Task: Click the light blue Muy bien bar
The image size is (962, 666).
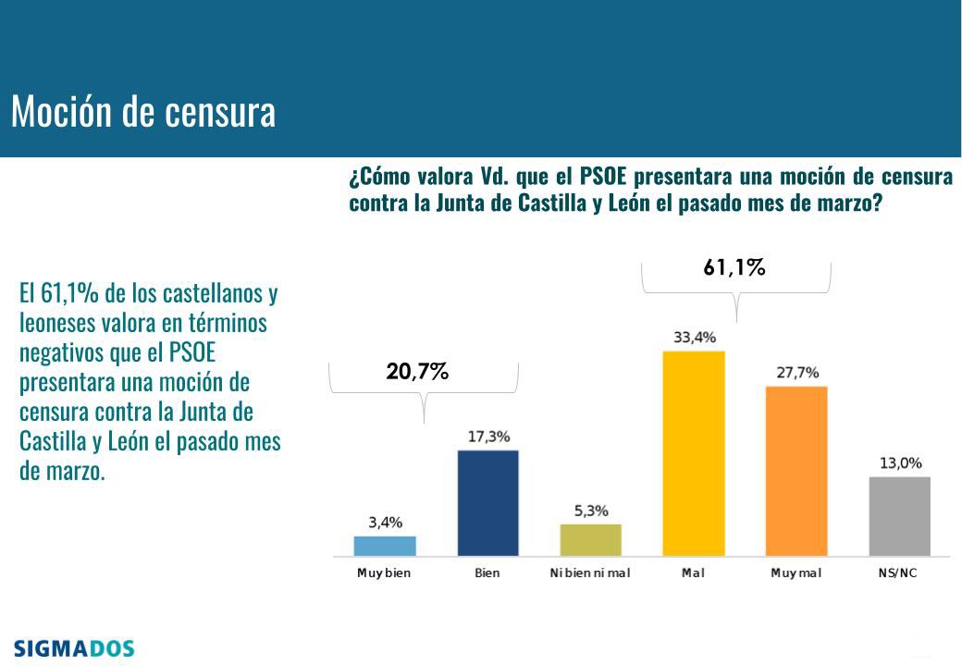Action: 385,546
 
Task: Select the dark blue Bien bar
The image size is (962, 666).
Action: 487,502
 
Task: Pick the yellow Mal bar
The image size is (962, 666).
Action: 694,453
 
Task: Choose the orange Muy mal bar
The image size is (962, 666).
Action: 796,471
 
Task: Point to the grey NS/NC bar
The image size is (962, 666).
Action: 900,516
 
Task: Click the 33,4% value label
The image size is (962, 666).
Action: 694,338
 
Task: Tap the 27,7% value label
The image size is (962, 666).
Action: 796,373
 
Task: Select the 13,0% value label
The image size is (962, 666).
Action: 900,463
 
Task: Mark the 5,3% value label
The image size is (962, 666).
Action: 590,511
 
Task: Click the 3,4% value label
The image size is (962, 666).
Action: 385,523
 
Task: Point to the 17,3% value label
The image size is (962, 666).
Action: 487,437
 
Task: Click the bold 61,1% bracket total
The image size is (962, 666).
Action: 734,269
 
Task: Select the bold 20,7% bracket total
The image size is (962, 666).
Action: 418,372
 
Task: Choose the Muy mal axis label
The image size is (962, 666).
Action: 796,573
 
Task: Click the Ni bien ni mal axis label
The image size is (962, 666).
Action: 590,573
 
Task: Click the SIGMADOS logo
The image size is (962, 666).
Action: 74,648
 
